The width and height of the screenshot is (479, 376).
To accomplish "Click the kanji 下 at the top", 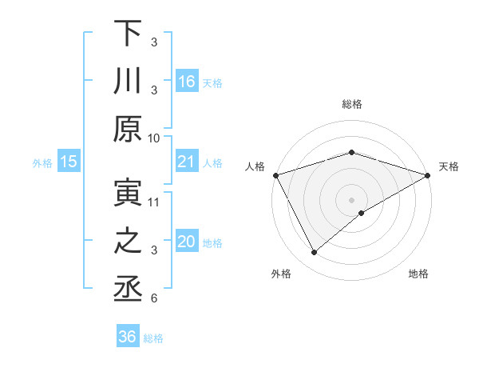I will pyautogui.click(x=129, y=34).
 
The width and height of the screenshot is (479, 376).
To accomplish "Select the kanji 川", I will pyautogui.click(x=129, y=82).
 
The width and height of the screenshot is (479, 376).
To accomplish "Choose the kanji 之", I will pyautogui.click(x=129, y=242).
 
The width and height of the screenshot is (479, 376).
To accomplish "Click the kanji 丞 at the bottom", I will pyautogui.click(x=129, y=290).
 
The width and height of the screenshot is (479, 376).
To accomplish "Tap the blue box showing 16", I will pyautogui.click(x=188, y=82).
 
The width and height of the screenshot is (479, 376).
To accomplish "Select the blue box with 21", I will pyautogui.click(x=188, y=162).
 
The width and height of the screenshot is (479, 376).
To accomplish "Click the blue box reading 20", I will pyautogui.click(x=188, y=242).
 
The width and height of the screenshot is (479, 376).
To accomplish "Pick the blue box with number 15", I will pyautogui.click(x=69, y=162).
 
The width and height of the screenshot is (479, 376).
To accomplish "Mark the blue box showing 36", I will pyautogui.click(x=128, y=338).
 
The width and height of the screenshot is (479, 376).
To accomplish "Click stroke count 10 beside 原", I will pyautogui.click(x=154, y=138).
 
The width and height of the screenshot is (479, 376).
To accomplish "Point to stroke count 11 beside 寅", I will pyautogui.click(x=154, y=202).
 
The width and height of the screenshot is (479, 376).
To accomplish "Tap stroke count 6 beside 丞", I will pyautogui.click(x=154, y=298).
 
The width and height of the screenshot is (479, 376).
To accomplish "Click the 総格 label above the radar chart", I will pyautogui.click(x=351, y=105).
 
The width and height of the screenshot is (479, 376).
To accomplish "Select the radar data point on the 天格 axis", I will pyautogui.click(x=428, y=174).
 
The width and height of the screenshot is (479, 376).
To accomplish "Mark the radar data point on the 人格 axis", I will pyautogui.click(x=275, y=174).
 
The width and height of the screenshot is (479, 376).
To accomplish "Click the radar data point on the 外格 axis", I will pyautogui.click(x=314, y=252).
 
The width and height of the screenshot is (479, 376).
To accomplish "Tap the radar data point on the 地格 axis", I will pyautogui.click(x=362, y=213).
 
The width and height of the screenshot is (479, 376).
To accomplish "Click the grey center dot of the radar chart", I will pyautogui.click(x=351, y=198).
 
